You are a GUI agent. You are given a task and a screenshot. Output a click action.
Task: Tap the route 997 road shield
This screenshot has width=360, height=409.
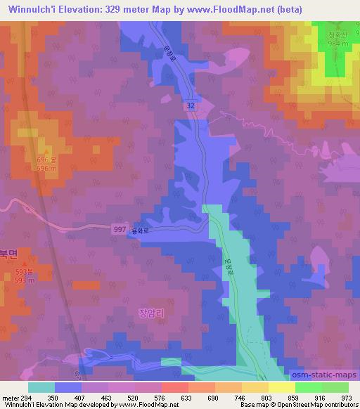[x=120, y=229]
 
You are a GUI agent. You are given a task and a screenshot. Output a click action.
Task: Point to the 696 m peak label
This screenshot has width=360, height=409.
[x=46, y=169]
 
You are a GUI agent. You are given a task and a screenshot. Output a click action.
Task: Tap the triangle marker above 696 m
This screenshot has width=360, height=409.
[x=46, y=151]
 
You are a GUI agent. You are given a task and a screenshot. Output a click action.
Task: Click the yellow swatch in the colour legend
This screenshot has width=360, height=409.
[x=281, y=387]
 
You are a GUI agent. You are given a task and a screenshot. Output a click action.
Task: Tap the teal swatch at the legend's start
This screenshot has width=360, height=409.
[x=41, y=387]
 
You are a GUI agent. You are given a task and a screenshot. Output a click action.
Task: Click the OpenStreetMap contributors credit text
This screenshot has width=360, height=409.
[x=319, y=405]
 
